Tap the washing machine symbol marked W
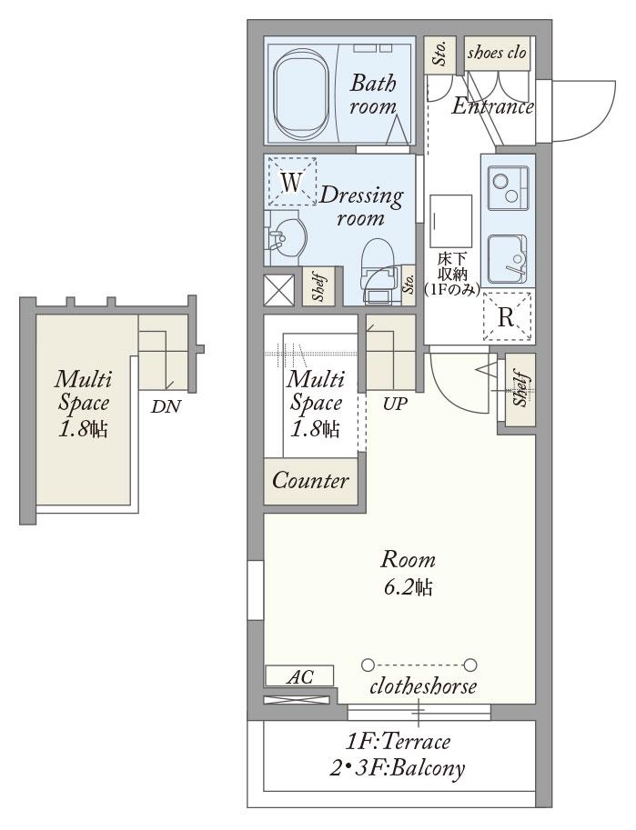[291, 182]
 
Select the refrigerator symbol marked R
[507, 317]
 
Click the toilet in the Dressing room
[379, 270]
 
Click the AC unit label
[300, 676]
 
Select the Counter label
[310, 481]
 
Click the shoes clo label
[497, 53]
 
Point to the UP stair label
[396, 404]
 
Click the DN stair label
[166, 406]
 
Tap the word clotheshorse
[423, 686]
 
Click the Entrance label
[493, 106]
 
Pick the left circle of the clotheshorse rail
[368, 664]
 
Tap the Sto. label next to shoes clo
[439, 54]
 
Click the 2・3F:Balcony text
[397, 767]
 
